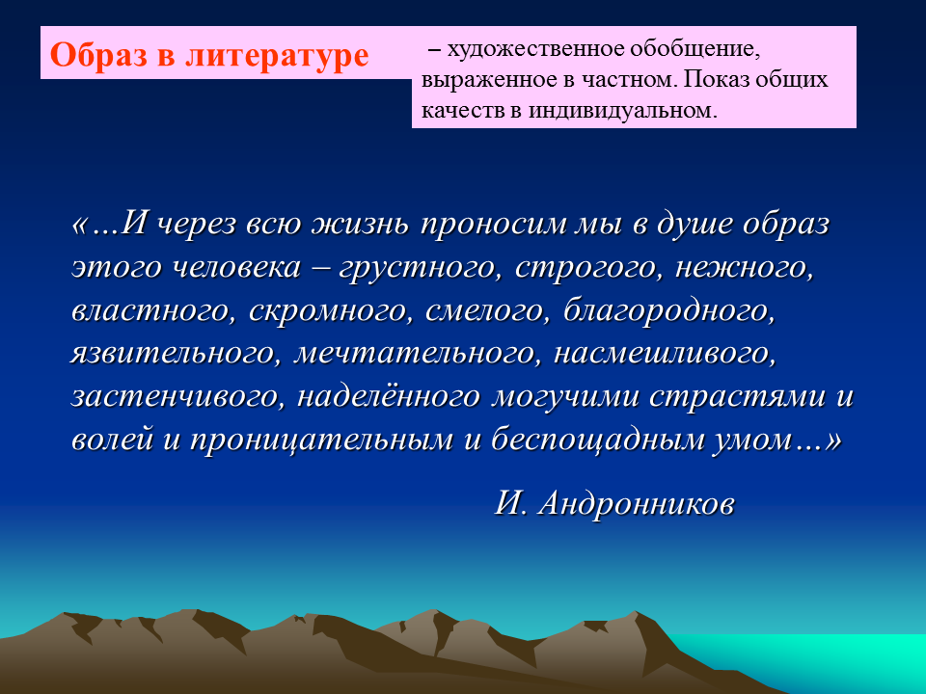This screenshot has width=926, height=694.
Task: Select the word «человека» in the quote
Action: (x=237, y=267)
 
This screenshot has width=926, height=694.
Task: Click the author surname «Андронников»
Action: (x=636, y=504)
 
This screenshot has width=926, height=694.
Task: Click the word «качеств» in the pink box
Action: (x=462, y=110)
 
